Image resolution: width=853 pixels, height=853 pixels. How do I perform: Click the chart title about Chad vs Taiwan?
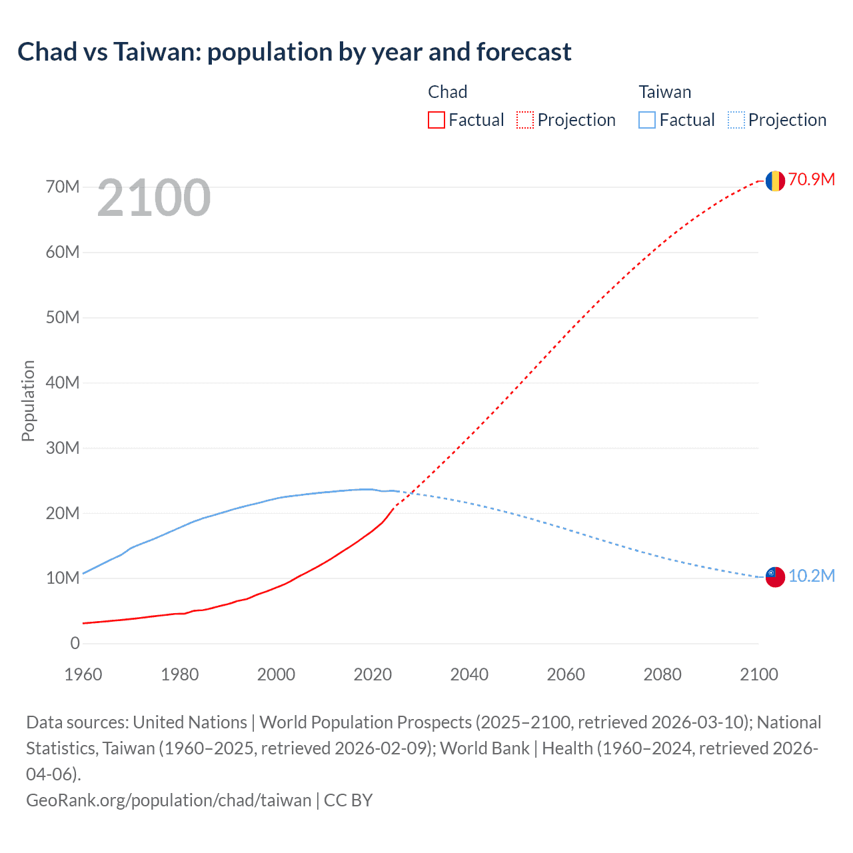pyautogui.click(x=294, y=52)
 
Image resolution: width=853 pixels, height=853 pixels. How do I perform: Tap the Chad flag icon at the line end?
pyautogui.click(x=774, y=181)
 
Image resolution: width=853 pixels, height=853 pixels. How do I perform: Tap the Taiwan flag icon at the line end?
pyautogui.click(x=774, y=577)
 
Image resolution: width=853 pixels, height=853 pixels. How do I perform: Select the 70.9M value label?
pyautogui.click(x=811, y=179)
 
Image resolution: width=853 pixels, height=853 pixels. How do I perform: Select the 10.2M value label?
pyautogui.click(x=811, y=576)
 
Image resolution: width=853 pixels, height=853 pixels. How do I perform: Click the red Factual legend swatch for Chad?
pyautogui.click(x=436, y=120)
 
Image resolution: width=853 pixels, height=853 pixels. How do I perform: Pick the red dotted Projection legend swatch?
pyautogui.click(x=525, y=120)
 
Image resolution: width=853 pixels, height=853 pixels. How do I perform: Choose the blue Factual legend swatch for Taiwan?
pyautogui.click(x=646, y=120)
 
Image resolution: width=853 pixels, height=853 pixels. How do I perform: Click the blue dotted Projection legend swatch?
pyautogui.click(x=736, y=120)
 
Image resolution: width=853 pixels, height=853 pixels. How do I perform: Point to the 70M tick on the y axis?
pyautogui.click(x=63, y=187)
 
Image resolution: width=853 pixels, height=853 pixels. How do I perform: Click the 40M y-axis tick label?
pyautogui.click(x=63, y=383)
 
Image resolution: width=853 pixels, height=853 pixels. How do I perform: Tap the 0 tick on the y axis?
pyautogui.click(x=75, y=643)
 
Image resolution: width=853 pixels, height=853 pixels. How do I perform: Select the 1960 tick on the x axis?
pyautogui.click(x=83, y=674)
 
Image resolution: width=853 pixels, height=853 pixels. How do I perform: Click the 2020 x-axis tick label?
pyautogui.click(x=373, y=674)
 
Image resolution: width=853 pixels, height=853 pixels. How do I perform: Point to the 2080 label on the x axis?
pyautogui.click(x=662, y=674)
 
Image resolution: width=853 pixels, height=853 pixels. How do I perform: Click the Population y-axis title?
pyautogui.click(x=28, y=401)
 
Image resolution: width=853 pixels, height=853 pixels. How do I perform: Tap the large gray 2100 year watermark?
pyautogui.click(x=153, y=198)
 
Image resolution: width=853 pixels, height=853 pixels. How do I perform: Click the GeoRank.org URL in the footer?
pyautogui.click(x=169, y=800)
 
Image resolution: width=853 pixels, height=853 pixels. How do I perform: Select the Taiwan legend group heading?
pyautogui.click(x=664, y=92)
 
